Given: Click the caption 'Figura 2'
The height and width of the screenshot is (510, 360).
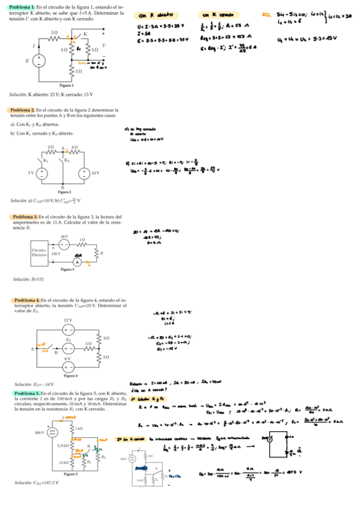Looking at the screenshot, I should [63, 192].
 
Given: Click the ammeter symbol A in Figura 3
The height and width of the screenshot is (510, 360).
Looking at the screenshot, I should [77, 262].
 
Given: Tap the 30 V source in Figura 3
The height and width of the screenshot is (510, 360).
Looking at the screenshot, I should [65, 244].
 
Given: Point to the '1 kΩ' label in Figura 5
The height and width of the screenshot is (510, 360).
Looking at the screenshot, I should [79, 428].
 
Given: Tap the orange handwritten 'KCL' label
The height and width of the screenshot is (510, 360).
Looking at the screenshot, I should [267, 16].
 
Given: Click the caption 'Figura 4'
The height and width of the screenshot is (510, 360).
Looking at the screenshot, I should [68, 376].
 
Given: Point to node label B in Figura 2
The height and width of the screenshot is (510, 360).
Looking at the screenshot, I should [63, 187].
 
